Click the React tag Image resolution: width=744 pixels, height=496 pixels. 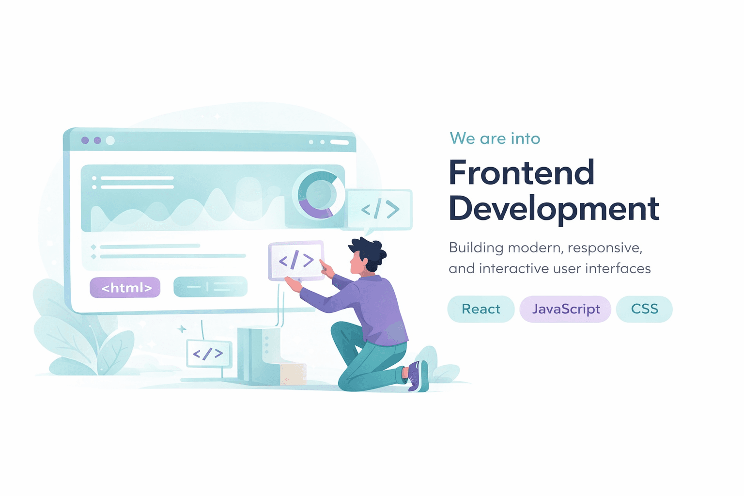[480, 309]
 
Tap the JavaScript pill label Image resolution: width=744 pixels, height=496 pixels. [565, 309]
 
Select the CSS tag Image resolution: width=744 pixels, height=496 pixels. [644, 309]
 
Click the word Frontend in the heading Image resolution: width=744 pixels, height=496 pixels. [522, 172]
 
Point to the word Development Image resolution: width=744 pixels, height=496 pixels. [554, 209]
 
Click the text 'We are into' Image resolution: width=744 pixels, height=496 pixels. [495, 139]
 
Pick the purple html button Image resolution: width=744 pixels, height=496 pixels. [125, 288]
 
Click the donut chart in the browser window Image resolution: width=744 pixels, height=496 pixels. [318, 194]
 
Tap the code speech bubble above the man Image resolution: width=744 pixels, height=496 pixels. [380, 209]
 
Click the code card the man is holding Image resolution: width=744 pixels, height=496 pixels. [296, 261]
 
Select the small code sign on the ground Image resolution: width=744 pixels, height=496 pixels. [209, 354]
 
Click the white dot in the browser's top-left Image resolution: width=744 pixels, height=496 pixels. [110, 140]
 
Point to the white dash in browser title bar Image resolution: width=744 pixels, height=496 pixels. [340, 142]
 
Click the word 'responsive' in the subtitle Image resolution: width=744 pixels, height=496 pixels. [604, 248]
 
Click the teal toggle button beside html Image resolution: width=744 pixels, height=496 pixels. [210, 287]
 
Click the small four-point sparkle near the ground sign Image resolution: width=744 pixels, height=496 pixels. [182, 329]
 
